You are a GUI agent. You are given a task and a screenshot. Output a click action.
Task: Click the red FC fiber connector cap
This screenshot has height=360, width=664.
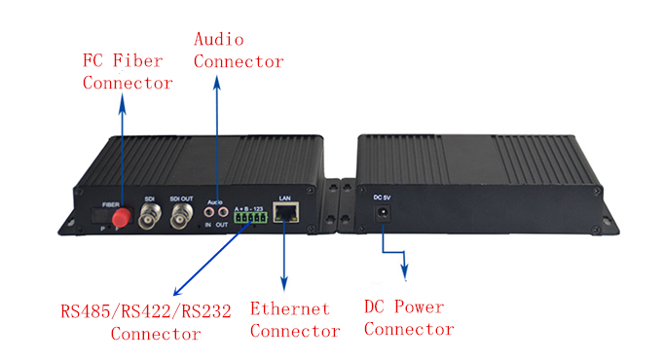[x=122, y=221]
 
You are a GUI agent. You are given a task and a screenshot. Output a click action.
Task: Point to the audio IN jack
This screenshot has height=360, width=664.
[x=209, y=208]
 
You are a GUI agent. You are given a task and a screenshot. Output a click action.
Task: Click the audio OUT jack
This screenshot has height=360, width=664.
[x=225, y=208]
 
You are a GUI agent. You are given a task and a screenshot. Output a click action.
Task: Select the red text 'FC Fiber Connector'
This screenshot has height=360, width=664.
[x=128, y=70]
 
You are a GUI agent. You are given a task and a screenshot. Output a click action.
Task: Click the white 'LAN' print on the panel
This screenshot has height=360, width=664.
[x=285, y=198]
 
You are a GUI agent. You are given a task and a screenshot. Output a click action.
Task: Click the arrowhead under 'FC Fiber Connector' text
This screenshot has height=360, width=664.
[x=122, y=101]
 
